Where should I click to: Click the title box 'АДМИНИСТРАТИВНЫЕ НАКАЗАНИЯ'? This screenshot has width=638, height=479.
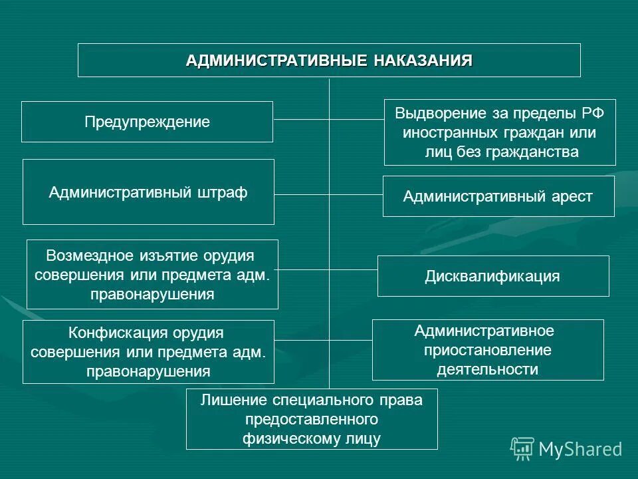pyautogui.click(x=329, y=61)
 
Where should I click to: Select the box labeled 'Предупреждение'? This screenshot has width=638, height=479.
pyautogui.click(x=147, y=122)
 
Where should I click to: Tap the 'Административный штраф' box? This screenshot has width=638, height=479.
pyautogui.click(x=148, y=192)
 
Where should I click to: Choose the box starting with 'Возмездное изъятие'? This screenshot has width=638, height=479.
pyautogui.click(x=152, y=274)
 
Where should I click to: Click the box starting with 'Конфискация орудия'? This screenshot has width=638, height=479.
pyautogui.click(x=148, y=352)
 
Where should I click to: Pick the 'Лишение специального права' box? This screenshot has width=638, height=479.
pyautogui.click(x=312, y=419)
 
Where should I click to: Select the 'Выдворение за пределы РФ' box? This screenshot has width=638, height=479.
pyautogui.click(x=500, y=132)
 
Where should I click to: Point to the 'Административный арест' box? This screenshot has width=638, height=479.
pyautogui.click(x=498, y=196)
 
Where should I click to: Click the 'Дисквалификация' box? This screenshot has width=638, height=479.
pyautogui.click(x=492, y=276)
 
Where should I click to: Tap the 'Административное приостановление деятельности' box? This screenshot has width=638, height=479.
pyautogui.click(x=488, y=350)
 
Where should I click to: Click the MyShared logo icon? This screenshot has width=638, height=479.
pyautogui.click(x=522, y=449)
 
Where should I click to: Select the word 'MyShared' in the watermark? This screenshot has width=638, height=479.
pyautogui.click(x=580, y=450)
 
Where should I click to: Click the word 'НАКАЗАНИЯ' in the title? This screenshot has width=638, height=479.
pyautogui.click(x=423, y=61)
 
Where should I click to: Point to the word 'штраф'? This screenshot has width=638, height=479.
pyautogui.click(x=223, y=193)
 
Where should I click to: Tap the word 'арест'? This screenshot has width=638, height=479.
pyautogui.click(x=571, y=197)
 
